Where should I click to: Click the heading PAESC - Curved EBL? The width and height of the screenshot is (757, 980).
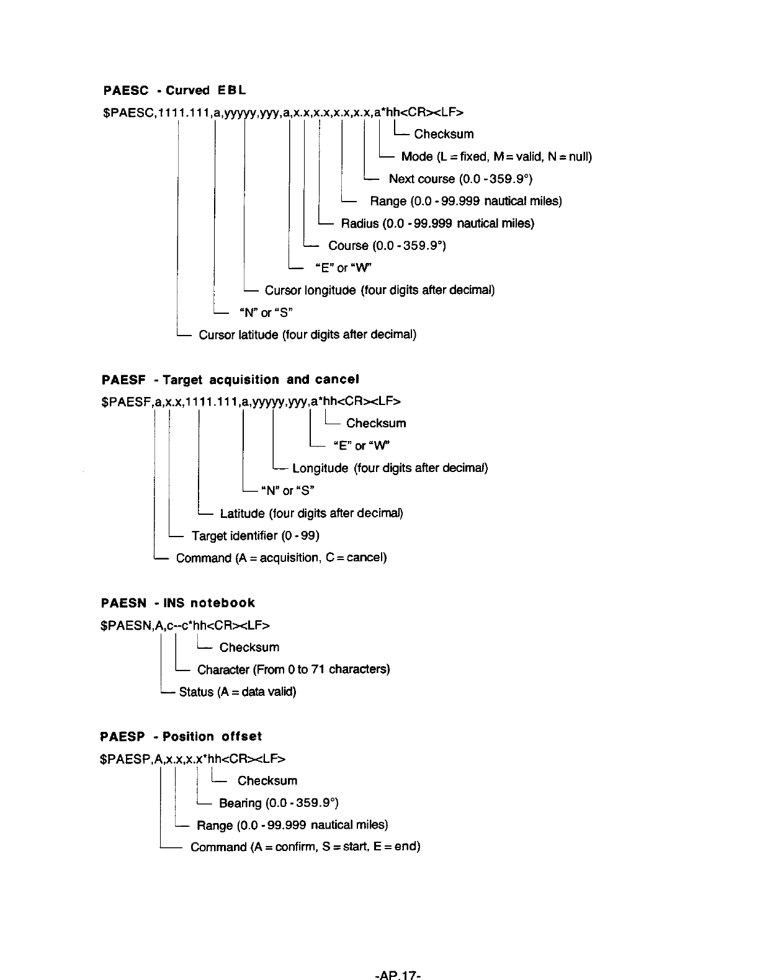[x=174, y=91]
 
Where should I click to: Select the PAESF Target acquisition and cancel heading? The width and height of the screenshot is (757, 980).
[x=230, y=379]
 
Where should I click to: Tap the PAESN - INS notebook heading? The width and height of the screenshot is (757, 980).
[x=177, y=603]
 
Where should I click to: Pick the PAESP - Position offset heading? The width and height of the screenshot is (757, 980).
[x=181, y=736]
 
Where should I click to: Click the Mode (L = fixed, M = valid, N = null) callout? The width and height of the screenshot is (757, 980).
[x=496, y=156]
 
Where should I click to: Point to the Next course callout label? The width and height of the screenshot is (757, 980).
[x=460, y=179]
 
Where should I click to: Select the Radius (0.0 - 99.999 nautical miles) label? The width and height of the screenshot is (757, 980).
[x=437, y=223]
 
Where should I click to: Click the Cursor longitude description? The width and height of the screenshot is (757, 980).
[x=379, y=290]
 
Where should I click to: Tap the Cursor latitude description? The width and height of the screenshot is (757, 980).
[x=307, y=335]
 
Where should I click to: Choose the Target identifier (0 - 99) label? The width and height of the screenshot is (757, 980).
[x=255, y=535]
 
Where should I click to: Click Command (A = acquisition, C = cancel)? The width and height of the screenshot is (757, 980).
[x=281, y=558]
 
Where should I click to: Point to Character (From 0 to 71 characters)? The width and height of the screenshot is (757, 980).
[x=293, y=669]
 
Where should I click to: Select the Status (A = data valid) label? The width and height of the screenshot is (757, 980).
[x=237, y=692]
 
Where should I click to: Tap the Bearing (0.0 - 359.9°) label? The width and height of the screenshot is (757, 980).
[x=279, y=803]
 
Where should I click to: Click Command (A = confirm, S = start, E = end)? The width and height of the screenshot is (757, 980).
[x=305, y=847]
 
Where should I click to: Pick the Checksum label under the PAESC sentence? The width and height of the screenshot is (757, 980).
[x=444, y=134]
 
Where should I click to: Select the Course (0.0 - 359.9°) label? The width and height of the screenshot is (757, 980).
[x=387, y=246]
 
